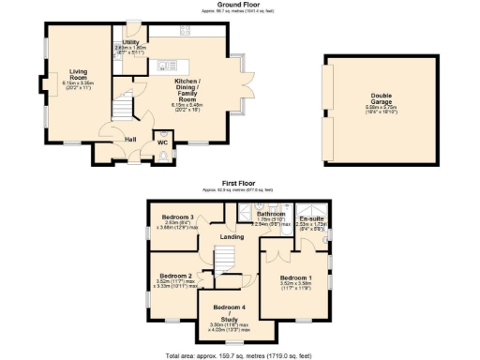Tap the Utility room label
pyautogui.click(x=130, y=43)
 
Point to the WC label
pyautogui.click(x=148, y=142)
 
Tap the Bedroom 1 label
pyautogui.click(x=296, y=277)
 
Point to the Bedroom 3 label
pyautogui.click(x=177, y=217)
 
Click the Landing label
pyautogui.click(x=232, y=236)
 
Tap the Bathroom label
pyautogui.click(x=271, y=214)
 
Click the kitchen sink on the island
pyautogui.click(x=163, y=65)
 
